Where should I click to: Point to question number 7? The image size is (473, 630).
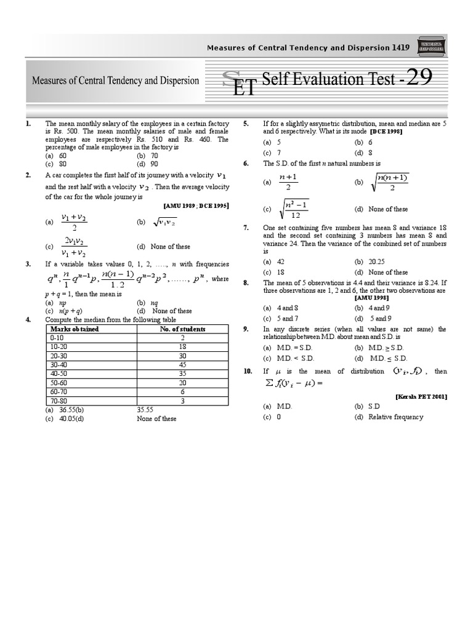[246, 228]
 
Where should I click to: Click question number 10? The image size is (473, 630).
[248, 372]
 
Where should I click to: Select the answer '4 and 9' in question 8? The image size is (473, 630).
[379, 308]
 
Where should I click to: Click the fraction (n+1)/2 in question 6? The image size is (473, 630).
[288, 183]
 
